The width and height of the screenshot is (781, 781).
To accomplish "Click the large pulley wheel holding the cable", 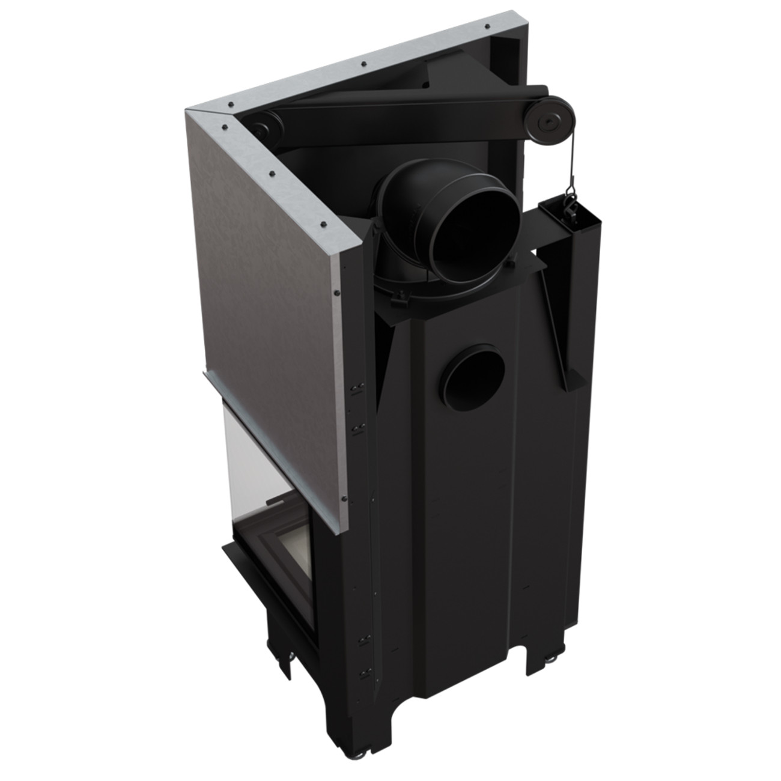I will [549, 124].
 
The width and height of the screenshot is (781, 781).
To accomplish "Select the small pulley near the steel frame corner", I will [260, 129].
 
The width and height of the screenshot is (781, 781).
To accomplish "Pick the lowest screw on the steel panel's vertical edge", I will [345, 497].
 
